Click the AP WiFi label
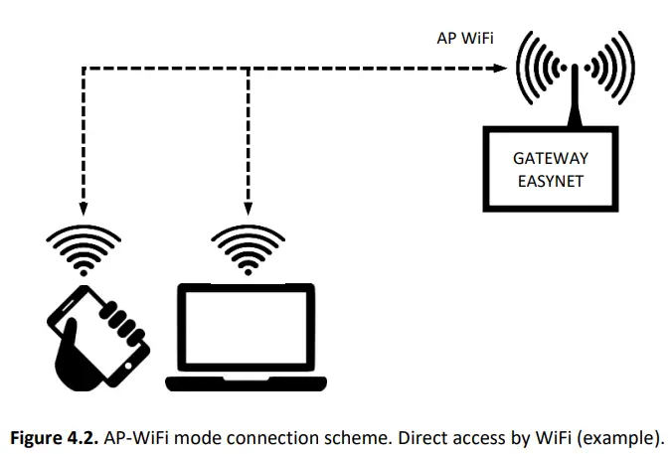tap(465, 39)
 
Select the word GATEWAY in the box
tap(550, 158)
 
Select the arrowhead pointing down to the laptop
tap(247, 207)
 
